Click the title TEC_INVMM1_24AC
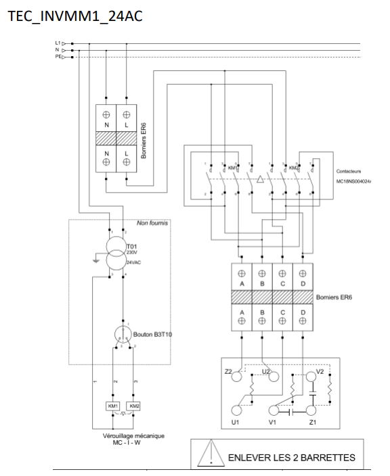click(x=75, y=16)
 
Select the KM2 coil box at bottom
click(x=134, y=406)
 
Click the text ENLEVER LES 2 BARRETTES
click(x=291, y=458)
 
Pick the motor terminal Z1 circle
click(x=311, y=410)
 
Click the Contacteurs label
click(x=351, y=172)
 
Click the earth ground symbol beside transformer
click(x=95, y=259)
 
